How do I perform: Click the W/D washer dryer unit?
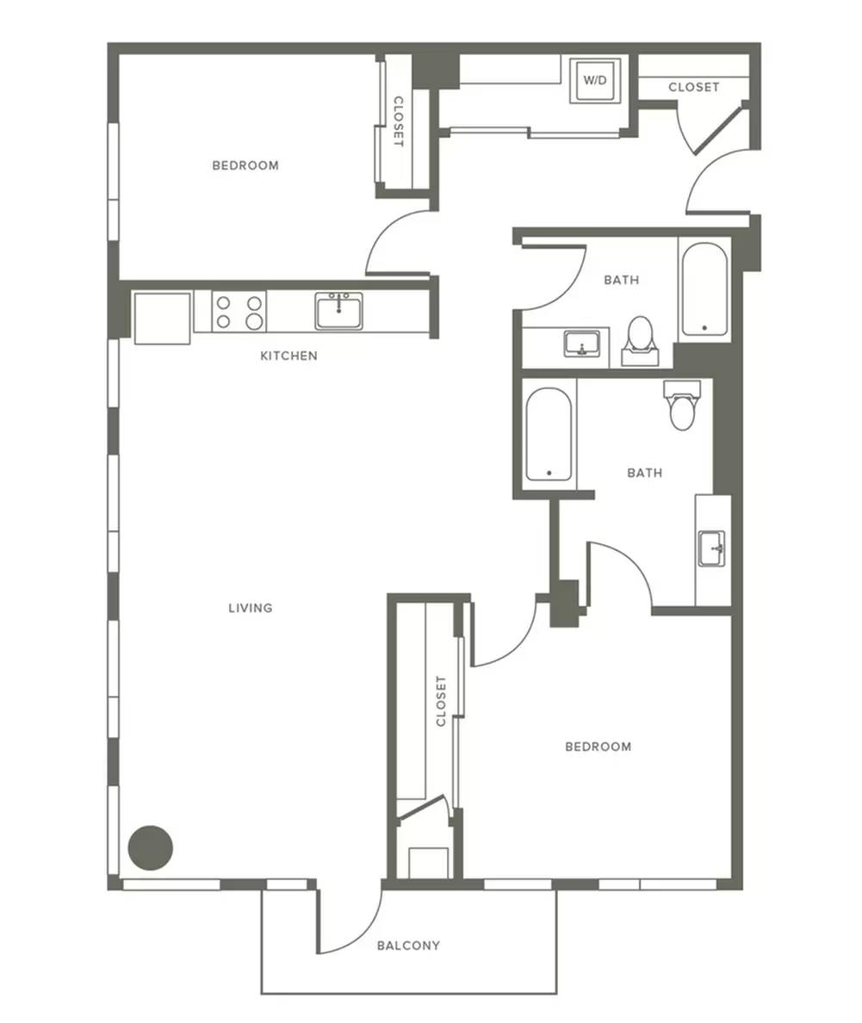(594, 80)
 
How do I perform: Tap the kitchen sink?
(338, 311)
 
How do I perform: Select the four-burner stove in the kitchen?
(239, 311)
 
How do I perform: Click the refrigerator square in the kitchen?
(162, 318)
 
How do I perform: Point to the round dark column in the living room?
(150, 847)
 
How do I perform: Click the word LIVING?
(251, 608)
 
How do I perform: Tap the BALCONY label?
(408, 945)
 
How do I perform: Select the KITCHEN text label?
(289, 356)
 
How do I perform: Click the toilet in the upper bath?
(640, 340)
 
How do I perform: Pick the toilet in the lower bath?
(682, 406)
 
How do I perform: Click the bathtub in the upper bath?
(704, 289)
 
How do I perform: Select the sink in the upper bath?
(582, 344)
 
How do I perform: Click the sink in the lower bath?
(712, 549)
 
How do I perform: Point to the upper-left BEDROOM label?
(245, 165)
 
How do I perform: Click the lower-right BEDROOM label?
(598, 747)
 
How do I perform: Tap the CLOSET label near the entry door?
(693, 87)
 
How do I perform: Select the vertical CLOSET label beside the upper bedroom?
(398, 122)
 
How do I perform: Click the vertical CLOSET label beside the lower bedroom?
(441, 701)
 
